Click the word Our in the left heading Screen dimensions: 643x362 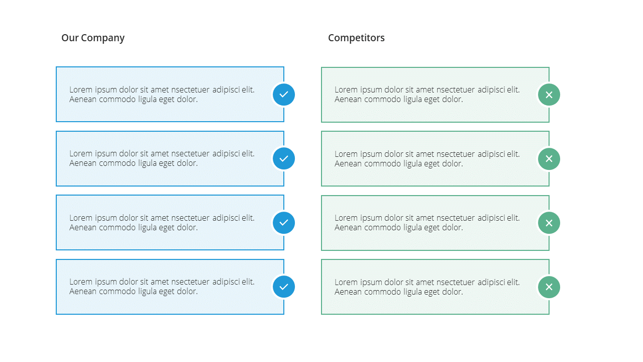click(x=70, y=38)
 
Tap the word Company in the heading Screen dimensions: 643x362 click(x=103, y=38)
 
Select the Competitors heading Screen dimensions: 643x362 click(x=356, y=38)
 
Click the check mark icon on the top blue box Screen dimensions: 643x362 click(x=284, y=95)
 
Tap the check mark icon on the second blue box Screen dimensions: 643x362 click(x=284, y=158)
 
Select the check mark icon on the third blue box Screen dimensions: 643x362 click(x=284, y=223)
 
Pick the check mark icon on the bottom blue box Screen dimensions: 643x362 click(x=284, y=287)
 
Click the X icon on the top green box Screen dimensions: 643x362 click(x=549, y=95)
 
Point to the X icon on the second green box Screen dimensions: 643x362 click(x=549, y=159)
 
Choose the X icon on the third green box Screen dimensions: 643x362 click(x=549, y=223)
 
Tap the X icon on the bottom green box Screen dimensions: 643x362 click(x=549, y=287)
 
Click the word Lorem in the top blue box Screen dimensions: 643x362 click(x=81, y=89)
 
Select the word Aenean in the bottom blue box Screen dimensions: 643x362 click(x=83, y=291)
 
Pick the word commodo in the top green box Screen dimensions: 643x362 click(x=382, y=100)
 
